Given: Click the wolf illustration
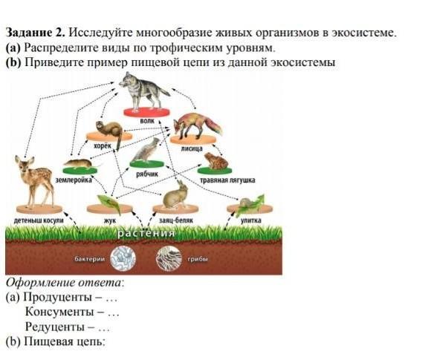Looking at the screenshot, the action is [143, 91].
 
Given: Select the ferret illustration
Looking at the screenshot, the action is [110, 131].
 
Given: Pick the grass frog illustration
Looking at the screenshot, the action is [216, 161].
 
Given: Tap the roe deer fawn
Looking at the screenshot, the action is [34, 181].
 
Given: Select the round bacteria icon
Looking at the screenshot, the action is [123, 258].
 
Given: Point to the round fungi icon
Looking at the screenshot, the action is [169, 258].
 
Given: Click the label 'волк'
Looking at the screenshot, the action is [147, 121].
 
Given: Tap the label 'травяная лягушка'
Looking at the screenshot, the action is [227, 180].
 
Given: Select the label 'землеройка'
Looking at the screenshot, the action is [74, 180].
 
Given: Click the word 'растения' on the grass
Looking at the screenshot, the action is [146, 233].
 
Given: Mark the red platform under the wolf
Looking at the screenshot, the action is [147, 112].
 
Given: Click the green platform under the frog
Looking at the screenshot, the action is [215, 171].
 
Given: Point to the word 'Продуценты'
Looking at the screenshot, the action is [58, 297].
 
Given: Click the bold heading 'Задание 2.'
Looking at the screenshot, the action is [35, 33].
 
